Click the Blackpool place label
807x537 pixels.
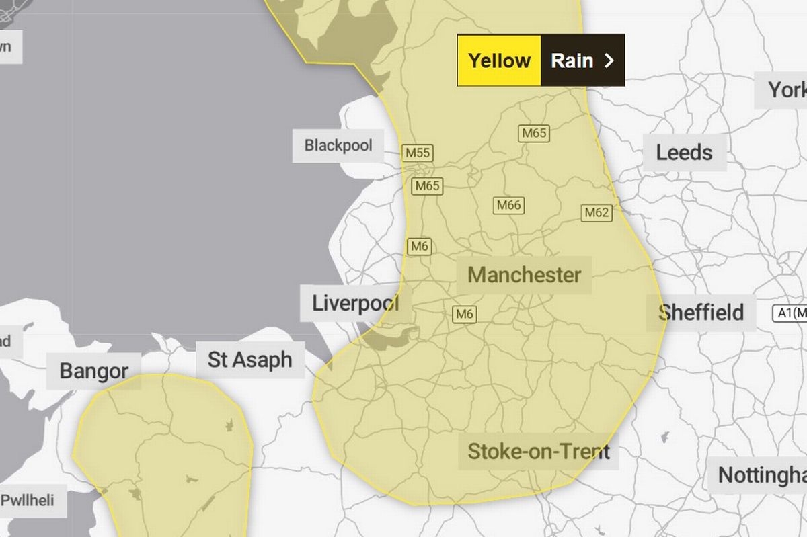338,145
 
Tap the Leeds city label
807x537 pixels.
684,153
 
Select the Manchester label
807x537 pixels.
524,275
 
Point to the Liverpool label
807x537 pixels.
354,303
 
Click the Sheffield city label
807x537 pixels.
701,313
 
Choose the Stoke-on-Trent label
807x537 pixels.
539,451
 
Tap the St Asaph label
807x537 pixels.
249,360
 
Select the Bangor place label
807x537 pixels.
93,370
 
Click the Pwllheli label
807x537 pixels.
28,500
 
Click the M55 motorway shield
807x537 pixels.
417,153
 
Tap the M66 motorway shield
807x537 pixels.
508,205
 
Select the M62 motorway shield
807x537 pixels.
597,213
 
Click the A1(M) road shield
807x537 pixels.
791,313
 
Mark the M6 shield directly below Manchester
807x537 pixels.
464,313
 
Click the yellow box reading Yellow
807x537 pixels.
499,60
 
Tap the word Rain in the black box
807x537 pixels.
572,60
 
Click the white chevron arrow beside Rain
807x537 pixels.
609,60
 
